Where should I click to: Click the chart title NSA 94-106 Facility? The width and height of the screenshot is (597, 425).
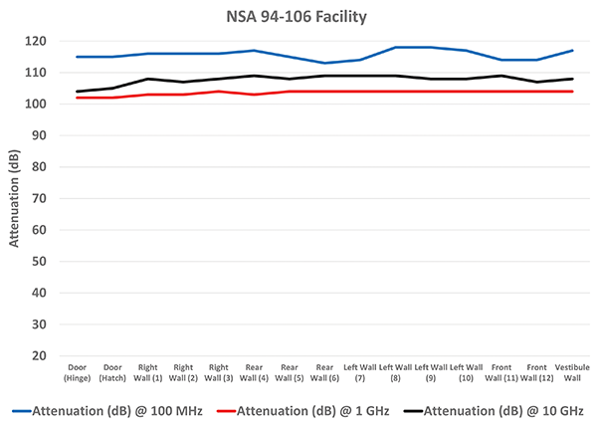pyautogui.click(x=298, y=16)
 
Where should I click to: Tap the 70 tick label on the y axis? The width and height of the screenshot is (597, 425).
pyautogui.click(x=41, y=198)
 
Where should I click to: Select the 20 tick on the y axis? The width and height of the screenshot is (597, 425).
pyautogui.click(x=41, y=355)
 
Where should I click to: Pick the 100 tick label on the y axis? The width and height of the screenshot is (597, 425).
pyautogui.click(x=38, y=104)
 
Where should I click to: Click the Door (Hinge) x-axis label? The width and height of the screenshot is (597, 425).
pyautogui.click(x=78, y=372)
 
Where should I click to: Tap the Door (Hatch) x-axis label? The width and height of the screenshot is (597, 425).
pyautogui.click(x=112, y=372)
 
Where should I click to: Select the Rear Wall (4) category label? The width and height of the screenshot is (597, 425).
pyautogui.click(x=254, y=372)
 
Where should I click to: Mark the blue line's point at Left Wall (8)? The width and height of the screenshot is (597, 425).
pyautogui.click(x=396, y=47)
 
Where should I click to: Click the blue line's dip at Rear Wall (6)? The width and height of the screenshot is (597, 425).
pyautogui.click(x=324, y=63)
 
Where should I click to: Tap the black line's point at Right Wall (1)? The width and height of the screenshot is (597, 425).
pyautogui.click(x=147, y=79)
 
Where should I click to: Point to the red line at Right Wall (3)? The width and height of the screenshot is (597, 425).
pyautogui.click(x=218, y=92)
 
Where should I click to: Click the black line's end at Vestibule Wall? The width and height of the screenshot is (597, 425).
pyautogui.click(x=572, y=79)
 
